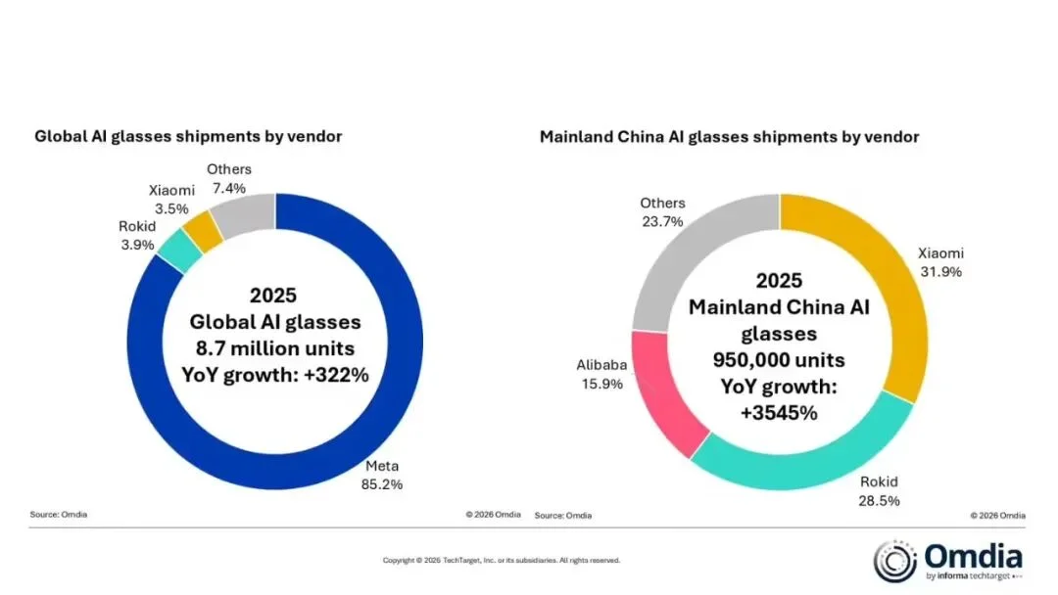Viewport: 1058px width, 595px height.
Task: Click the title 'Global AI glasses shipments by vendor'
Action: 188,137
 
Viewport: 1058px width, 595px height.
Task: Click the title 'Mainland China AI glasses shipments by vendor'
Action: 729,137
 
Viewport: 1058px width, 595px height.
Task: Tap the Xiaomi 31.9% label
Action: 939,262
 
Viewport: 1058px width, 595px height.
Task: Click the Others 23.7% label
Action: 662,212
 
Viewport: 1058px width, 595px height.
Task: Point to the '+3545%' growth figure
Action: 780,412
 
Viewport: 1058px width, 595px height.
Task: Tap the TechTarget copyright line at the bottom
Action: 501,561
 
